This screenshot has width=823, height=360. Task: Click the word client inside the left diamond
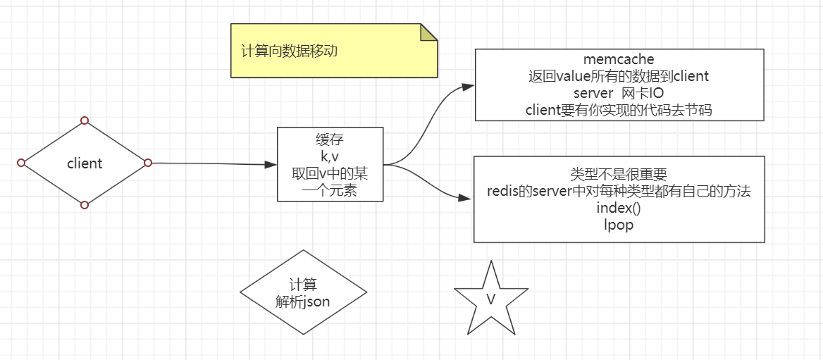pyautogui.click(x=85, y=163)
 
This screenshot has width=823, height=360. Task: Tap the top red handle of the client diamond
pyautogui.click(x=85, y=120)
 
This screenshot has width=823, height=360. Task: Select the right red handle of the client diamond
pyautogui.click(x=148, y=163)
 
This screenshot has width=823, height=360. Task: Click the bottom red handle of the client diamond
pyautogui.click(x=85, y=205)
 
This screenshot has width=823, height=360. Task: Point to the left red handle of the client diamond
pyautogui.click(x=21, y=163)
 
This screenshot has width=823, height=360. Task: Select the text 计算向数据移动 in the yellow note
pyautogui.click(x=289, y=51)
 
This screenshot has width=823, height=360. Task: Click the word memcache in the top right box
pyautogui.click(x=619, y=59)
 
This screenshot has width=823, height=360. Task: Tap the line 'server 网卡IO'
pyautogui.click(x=619, y=93)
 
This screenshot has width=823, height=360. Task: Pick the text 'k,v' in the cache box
pyautogui.click(x=330, y=156)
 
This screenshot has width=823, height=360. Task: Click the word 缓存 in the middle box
pyautogui.click(x=330, y=139)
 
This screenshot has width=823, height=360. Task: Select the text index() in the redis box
pyautogui.click(x=619, y=208)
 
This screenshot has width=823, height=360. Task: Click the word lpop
pyautogui.click(x=619, y=225)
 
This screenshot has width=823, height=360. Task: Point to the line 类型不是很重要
pyautogui.click(x=619, y=174)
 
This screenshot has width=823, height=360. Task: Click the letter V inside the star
pyautogui.click(x=491, y=299)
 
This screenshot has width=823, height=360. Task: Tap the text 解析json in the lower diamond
pyautogui.click(x=303, y=302)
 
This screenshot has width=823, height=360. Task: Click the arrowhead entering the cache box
pyautogui.click(x=271, y=165)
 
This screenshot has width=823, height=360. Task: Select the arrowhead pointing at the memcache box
pyautogui.click(x=468, y=87)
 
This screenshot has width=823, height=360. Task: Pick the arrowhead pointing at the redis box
pyautogui.click(x=466, y=199)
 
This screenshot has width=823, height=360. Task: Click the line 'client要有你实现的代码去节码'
pyautogui.click(x=619, y=110)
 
